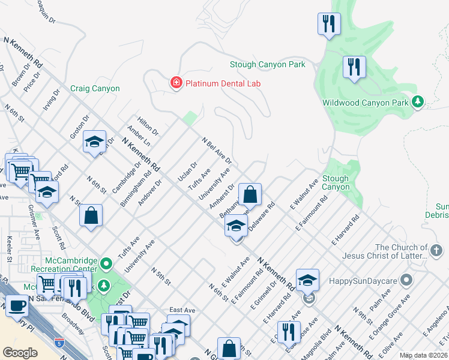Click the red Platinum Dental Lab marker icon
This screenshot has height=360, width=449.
tap(176, 83)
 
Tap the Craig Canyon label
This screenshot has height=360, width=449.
tap(95, 89)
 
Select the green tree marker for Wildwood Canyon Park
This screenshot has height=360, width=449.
tap(418, 103)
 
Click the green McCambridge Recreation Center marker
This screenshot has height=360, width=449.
tap(106, 263)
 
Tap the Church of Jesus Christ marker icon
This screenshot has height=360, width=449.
tap(437, 249)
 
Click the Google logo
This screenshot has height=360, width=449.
tap(20, 352)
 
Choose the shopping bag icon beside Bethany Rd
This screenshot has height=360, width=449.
tap(250, 194)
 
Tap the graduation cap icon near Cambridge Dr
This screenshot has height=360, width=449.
tap(94, 142)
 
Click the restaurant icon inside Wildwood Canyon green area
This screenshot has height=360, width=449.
tap(354, 67)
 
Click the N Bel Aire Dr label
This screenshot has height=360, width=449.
tap(216, 151)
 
